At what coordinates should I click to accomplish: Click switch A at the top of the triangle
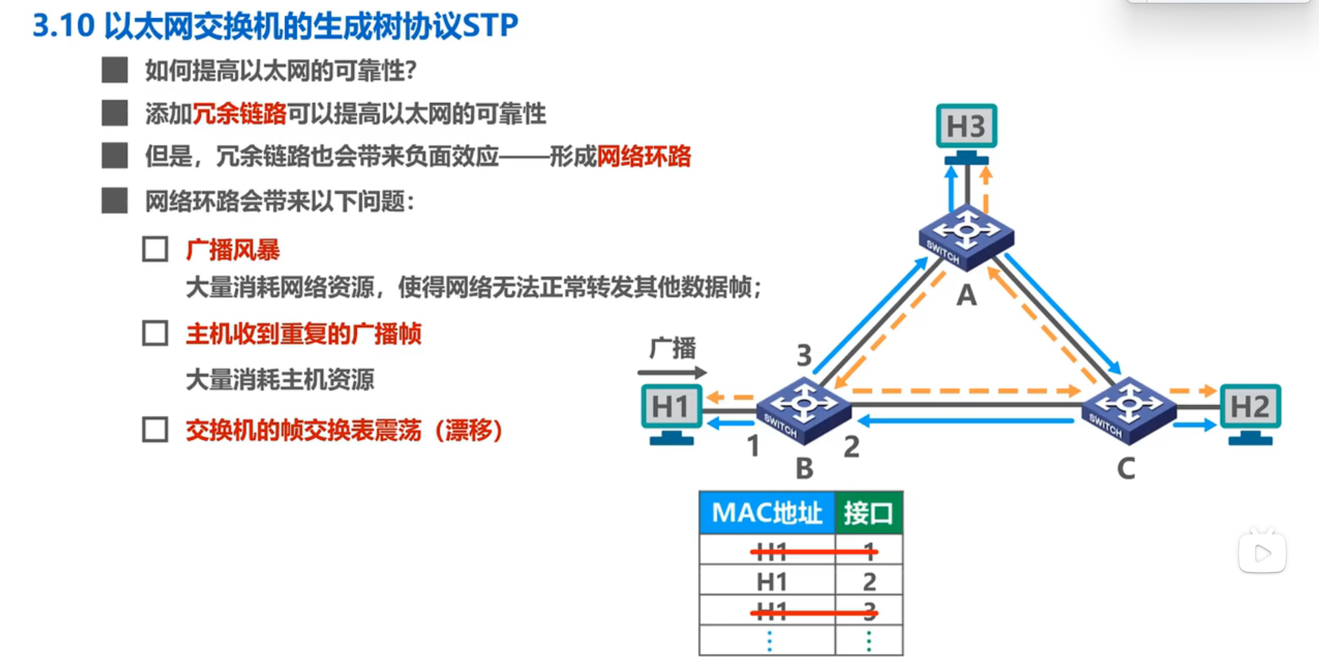click(966, 237)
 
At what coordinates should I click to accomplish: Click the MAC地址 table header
click(767, 513)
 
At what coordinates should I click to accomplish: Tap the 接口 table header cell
click(869, 513)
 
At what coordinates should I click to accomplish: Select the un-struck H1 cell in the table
click(772, 582)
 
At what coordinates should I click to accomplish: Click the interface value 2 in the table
click(869, 582)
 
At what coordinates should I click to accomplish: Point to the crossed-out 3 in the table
click(869, 611)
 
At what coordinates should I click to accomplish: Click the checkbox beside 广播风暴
click(155, 249)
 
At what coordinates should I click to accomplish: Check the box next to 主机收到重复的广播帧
click(155, 333)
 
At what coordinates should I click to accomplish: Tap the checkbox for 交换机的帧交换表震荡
click(155, 429)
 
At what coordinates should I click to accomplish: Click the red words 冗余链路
click(239, 114)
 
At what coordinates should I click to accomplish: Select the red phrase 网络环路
click(643, 157)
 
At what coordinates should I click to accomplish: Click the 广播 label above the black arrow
click(673, 348)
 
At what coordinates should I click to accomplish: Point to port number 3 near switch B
click(804, 356)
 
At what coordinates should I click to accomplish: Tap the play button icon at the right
click(1262, 553)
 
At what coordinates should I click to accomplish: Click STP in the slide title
click(490, 26)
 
